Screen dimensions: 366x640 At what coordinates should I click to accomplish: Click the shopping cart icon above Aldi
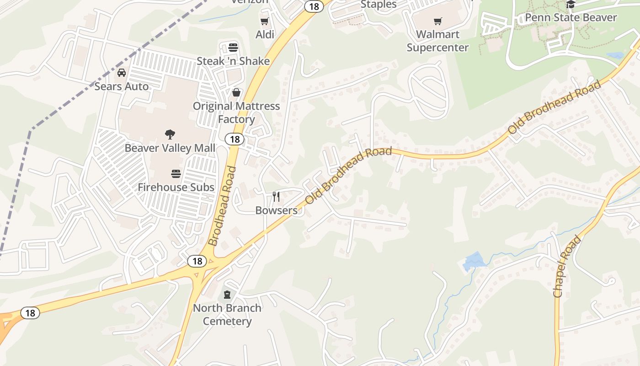(x=264, y=21)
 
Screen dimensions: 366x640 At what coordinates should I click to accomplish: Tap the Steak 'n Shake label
(x=233, y=61)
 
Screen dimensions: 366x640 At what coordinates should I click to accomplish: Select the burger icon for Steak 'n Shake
(x=233, y=47)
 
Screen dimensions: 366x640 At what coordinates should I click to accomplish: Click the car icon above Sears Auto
(x=122, y=73)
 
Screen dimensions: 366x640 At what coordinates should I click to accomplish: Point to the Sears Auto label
(x=122, y=86)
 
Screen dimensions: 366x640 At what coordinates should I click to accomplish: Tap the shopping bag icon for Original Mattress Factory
(x=236, y=93)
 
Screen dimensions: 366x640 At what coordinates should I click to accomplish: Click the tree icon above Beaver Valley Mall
(x=170, y=135)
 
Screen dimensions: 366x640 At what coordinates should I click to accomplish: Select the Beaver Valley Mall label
(x=170, y=148)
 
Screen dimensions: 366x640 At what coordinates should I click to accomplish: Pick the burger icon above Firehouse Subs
(x=176, y=174)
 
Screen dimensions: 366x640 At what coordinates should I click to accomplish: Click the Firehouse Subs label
(x=176, y=187)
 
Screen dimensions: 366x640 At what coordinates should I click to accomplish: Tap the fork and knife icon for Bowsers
(x=276, y=197)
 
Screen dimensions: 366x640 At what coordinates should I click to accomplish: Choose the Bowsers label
(x=276, y=210)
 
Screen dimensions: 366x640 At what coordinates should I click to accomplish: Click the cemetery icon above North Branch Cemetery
(x=227, y=295)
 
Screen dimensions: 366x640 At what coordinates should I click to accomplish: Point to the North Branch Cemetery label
(x=227, y=314)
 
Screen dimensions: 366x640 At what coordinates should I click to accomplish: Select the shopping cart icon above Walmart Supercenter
(x=438, y=21)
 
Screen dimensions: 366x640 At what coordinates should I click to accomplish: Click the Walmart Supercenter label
(x=438, y=41)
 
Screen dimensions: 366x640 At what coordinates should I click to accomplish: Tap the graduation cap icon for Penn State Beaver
(x=571, y=5)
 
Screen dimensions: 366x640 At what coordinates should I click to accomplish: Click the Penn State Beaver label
(x=571, y=18)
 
